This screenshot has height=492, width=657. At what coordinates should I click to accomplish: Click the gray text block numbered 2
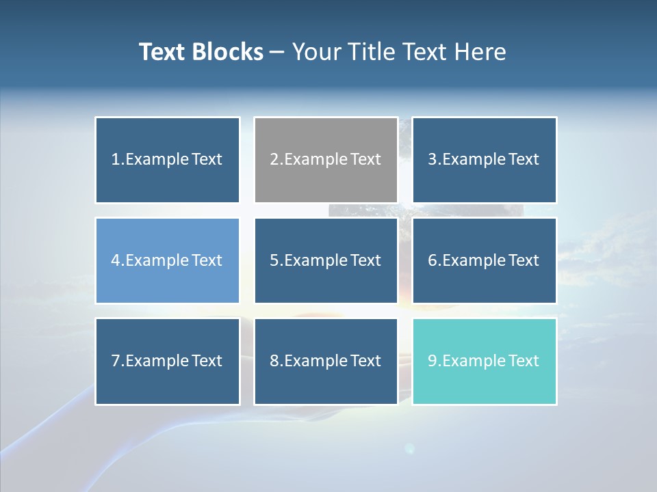pyautogui.click(x=326, y=160)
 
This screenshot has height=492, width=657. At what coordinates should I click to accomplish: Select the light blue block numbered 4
pyautogui.click(x=168, y=260)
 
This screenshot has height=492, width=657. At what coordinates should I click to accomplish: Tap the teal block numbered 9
pyautogui.click(x=485, y=361)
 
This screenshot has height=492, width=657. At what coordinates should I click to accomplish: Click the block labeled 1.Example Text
pyautogui.click(x=168, y=160)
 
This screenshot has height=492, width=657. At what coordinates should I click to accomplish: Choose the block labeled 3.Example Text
pyautogui.click(x=485, y=160)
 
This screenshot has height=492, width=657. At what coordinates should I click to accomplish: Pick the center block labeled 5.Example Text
pyautogui.click(x=326, y=260)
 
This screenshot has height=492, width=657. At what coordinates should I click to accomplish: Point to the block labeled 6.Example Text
pyautogui.click(x=485, y=260)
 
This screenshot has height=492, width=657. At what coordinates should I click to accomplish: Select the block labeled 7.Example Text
pyautogui.click(x=168, y=361)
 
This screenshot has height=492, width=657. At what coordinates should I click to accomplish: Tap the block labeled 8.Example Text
pyautogui.click(x=326, y=361)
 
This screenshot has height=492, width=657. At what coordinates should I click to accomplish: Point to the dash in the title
pyautogui.click(x=277, y=53)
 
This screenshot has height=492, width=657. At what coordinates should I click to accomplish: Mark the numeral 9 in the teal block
pyautogui.click(x=433, y=361)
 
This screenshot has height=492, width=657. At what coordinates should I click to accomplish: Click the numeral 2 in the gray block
pyautogui.click(x=274, y=160)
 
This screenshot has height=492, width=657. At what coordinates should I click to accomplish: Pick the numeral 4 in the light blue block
pyautogui.click(x=116, y=260)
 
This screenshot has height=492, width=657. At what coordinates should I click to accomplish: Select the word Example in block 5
pyautogui.click(x=315, y=260)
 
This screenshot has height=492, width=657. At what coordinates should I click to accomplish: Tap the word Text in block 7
pyautogui.click(x=207, y=361)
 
